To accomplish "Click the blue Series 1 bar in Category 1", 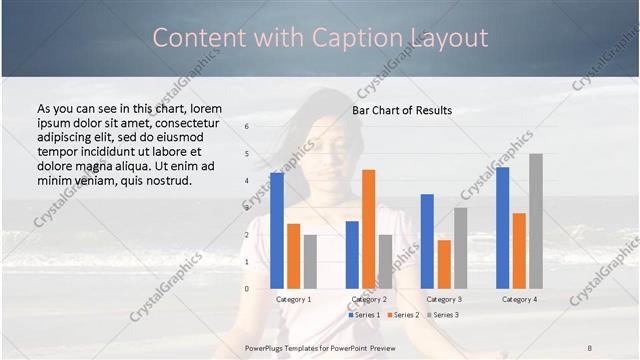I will (276, 231).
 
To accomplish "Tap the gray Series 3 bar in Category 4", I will (536, 221).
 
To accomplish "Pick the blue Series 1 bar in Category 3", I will (427, 241).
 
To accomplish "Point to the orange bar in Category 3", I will (444, 264).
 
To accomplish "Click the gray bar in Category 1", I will (310, 261).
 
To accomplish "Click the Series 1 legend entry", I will (365, 315).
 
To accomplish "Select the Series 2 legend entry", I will (403, 315).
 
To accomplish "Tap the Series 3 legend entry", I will (442, 315).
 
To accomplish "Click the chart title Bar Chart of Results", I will (402, 110).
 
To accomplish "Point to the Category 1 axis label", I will (293, 299).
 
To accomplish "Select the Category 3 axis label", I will (444, 299).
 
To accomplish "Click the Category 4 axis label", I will (519, 299).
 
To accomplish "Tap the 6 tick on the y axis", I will (246, 127).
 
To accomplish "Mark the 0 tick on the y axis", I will (246, 289).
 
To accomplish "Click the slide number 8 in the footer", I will (590, 346).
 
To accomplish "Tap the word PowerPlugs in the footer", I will (265, 346).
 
